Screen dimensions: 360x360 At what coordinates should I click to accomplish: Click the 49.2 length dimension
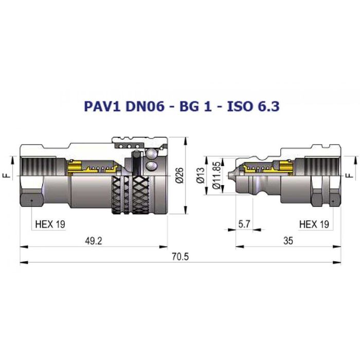94,241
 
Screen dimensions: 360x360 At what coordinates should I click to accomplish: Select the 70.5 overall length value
180,257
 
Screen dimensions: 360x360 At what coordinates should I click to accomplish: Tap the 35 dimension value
288,241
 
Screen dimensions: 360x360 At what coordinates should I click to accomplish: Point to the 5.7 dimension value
244,224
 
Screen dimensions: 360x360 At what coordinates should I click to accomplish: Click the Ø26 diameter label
179,175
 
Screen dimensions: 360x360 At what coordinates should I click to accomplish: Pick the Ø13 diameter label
200,175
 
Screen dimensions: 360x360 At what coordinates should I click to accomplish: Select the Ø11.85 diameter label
217,175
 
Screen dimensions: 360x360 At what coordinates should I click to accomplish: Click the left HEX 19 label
50,224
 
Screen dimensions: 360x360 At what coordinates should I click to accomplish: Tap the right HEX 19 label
314,224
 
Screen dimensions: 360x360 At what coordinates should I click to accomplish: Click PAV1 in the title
102,106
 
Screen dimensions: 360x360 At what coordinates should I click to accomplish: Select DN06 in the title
145,106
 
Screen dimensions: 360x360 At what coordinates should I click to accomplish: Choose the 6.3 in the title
268,106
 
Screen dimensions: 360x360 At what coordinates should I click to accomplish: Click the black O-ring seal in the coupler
135,164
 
